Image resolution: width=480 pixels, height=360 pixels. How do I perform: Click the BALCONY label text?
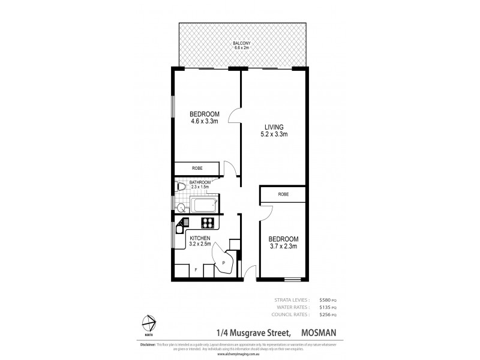point(244,44)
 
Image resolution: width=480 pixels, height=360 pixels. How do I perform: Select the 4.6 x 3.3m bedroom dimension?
point(205,122)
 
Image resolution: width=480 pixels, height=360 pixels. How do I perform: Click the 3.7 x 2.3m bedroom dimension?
point(283,247)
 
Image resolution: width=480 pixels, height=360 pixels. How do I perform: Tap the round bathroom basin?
point(181,207)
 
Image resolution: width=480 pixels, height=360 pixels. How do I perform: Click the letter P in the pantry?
point(223,263)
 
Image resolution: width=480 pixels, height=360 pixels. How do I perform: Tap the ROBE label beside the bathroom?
point(196,169)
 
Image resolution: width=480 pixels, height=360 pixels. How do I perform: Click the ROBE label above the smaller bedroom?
point(284,194)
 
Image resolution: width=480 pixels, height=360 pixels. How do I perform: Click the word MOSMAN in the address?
point(323,331)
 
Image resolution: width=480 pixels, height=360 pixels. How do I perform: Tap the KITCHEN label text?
point(200,238)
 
